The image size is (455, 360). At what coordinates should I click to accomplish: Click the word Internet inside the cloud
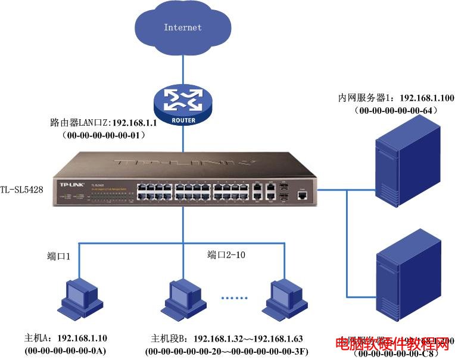pyautogui.click(x=183, y=27)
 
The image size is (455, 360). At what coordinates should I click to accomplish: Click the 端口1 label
pyautogui.click(x=59, y=256)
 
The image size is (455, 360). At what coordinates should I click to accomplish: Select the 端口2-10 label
pyautogui.click(x=226, y=255)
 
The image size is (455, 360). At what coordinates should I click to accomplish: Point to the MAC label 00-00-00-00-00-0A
pyautogui.click(x=66, y=351)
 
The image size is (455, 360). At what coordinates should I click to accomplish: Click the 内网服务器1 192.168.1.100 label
pyautogui.click(x=388, y=98)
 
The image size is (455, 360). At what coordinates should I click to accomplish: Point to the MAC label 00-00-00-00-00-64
pyautogui.click(x=395, y=110)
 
